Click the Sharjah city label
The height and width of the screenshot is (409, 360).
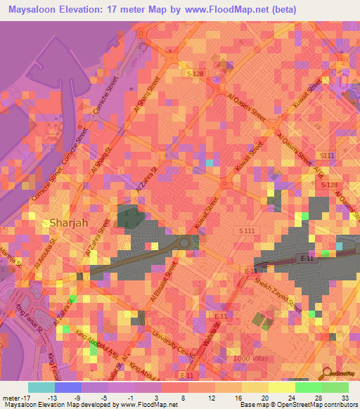pyautogui.click(x=69, y=223)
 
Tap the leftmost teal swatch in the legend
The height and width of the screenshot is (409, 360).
pyautogui.click(x=41, y=386)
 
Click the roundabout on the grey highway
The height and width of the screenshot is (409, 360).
pyautogui.click(x=185, y=242)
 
